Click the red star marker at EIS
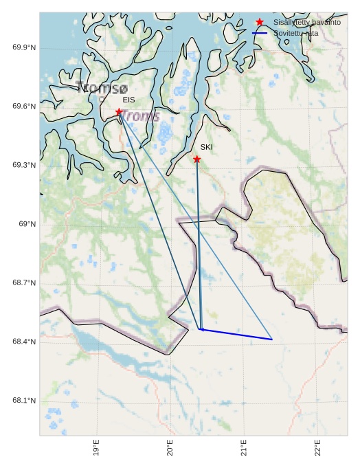(x=119, y=111)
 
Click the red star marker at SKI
(x=196, y=159)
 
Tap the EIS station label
(x=128, y=100)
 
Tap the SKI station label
(x=206, y=147)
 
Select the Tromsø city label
(x=102, y=88)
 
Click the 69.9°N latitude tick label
(x=24, y=47)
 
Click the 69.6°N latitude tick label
(x=24, y=107)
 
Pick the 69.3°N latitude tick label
(x=24, y=166)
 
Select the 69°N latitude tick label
(x=27, y=224)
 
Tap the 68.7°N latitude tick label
(x=24, y=283)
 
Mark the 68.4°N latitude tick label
(x=24, y=342)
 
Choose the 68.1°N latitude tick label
(x=24, y=401)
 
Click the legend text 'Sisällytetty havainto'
(x=306, y=23)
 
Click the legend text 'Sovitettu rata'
(x=295, y=33)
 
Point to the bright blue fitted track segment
(x=236, y=334)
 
